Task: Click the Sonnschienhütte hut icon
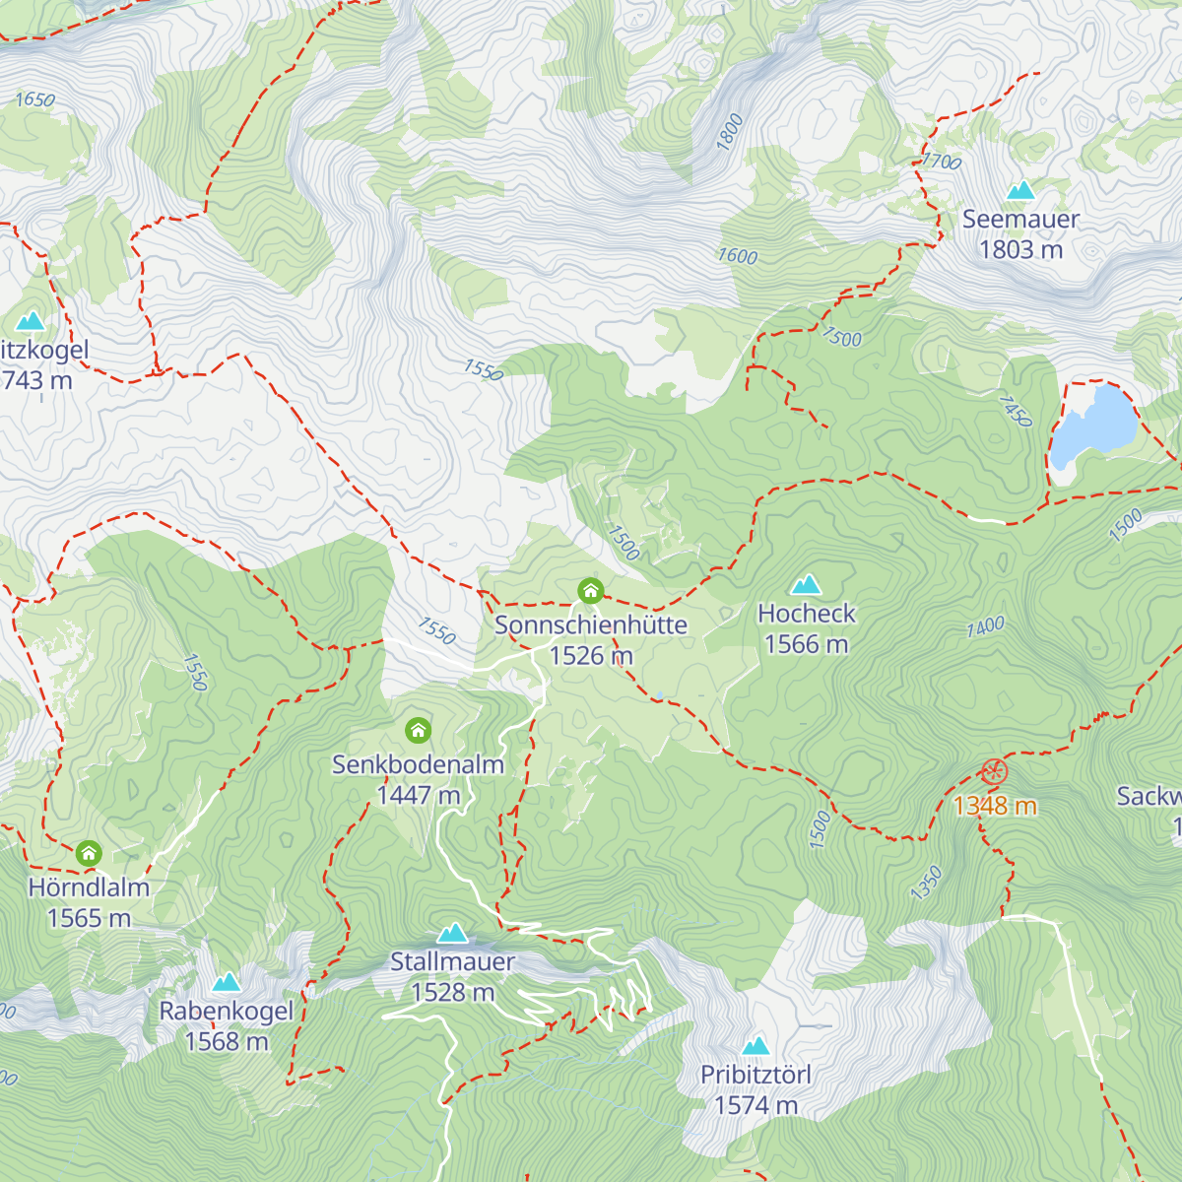coord(590,591)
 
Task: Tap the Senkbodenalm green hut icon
coord(419,731)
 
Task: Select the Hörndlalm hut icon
coord(89,853)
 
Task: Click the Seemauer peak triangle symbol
coord(1020,190)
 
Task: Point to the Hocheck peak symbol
coord(806,584)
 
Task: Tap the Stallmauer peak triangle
coord(452,933)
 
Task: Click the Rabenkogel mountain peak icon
coord(227,982)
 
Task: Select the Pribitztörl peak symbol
coord(755,1046)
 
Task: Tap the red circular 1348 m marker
coord(994,773)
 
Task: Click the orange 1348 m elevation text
coord(995,807)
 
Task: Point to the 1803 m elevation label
coord(1020,250)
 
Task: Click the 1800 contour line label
coord(729,133)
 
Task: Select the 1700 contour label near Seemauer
coord(942,161)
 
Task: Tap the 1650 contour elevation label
coord(35,99)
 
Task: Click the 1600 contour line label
coord(737,256)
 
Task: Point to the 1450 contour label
coord(1016,411)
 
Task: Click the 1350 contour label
coord(926,884)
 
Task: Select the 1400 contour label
coord(985,626)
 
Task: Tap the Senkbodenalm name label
coord(418,764)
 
